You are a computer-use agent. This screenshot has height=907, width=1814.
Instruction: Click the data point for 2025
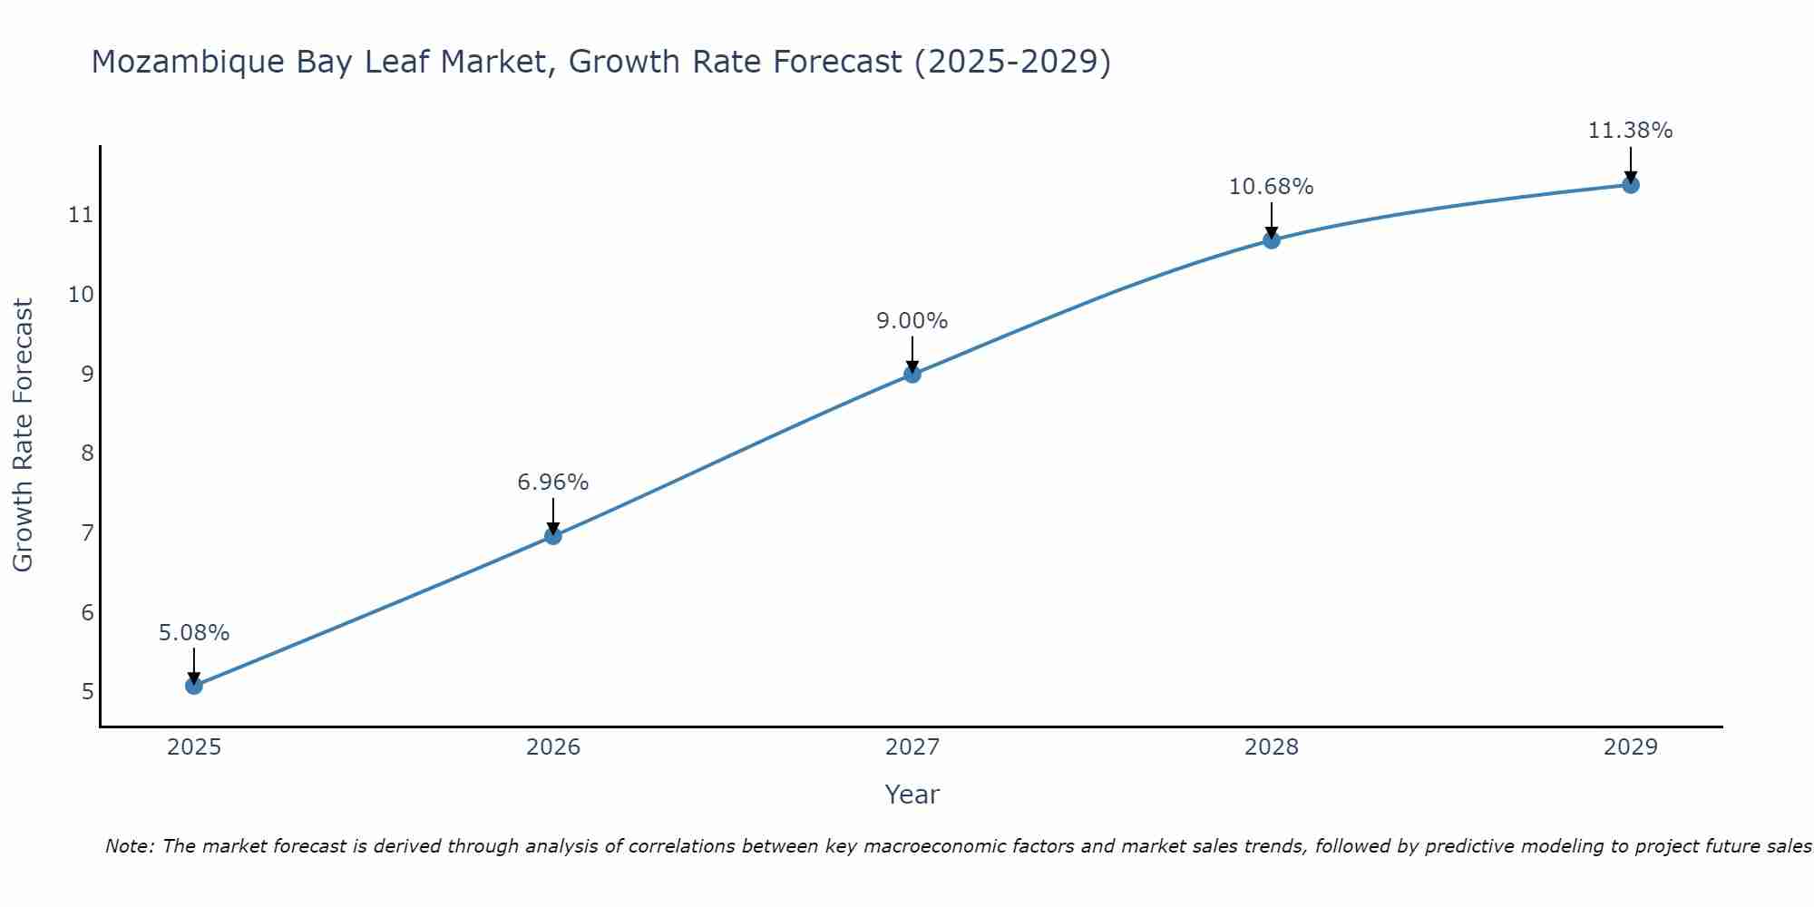(194, 686)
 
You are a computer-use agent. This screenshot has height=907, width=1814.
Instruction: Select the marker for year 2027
(912, 374)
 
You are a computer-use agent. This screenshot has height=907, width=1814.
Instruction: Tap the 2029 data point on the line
(1630, 185)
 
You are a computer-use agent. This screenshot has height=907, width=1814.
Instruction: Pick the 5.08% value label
(194, 633)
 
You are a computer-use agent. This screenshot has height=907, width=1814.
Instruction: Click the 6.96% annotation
(553, 483)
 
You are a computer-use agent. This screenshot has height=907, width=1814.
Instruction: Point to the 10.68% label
(1271, 187)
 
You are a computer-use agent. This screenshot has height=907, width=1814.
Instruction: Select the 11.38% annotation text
(1630, 131)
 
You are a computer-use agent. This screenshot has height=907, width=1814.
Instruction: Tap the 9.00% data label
(912, 321)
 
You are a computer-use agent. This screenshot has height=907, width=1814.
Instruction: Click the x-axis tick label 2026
(553, 747)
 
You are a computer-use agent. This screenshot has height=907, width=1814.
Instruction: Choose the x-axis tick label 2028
(1271, 747)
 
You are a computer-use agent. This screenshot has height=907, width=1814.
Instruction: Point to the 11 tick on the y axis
(82, 215)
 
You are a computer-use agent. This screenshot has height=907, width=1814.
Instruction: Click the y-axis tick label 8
(87, 453)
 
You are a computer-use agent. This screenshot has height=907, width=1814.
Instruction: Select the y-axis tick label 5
(87, 692)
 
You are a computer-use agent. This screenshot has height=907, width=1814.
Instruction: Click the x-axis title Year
(912, 795)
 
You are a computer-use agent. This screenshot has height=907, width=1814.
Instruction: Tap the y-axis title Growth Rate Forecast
(23, 435)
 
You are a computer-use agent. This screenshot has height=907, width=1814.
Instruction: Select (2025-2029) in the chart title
(1012, 62)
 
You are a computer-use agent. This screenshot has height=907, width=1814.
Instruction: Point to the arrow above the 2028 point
(1271, 220)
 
